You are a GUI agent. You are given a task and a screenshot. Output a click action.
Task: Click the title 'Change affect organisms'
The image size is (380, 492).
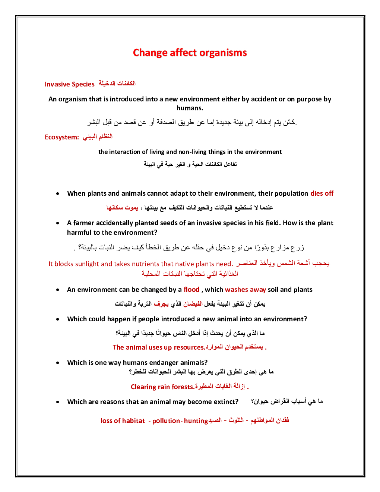pyautogui.click(x=190, y=53)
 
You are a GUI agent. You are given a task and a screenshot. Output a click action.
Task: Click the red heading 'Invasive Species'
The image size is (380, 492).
pyautogui.click(x=70, y=84)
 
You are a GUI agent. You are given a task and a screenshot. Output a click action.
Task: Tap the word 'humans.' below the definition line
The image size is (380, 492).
pyautogui.click(x=190, y=108)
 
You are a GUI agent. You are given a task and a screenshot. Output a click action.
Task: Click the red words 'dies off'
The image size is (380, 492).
pyautogui.click(x=322, y=193)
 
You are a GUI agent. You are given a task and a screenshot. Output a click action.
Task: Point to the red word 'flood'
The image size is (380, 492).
pyautogui.click(x=191, y=290)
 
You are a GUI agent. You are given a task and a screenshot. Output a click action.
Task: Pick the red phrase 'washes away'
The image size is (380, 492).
pyautogui.click(x=246, y=290)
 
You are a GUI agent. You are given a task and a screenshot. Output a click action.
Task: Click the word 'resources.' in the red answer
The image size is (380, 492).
pyautogui.click(x=190, y=347)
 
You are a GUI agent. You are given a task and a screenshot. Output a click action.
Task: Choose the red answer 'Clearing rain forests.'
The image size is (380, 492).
pyautogui.click(x=162, y=387)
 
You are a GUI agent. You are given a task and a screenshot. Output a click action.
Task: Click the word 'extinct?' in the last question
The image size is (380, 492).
pyautogui.click(x=226, y=402)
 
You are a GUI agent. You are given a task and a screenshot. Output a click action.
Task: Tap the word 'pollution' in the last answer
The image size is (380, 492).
pyautogui.click(x=166, y=421)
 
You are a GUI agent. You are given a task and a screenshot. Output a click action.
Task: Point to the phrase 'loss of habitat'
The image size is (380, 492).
pyautogui.click(x=123, y=421)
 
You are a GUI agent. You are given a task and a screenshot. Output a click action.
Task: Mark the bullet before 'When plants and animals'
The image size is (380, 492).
pyautogui.click(x=57, y=194)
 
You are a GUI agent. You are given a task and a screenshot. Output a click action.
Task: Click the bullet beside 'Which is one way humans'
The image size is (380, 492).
pyautogui.click(x=57, y=363)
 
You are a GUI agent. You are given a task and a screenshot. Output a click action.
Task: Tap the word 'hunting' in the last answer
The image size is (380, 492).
pyautogui.click(x=196, y=421)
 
